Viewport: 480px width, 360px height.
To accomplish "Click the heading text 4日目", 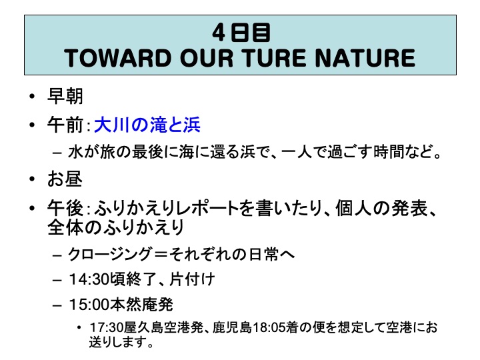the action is (x=241, y=33).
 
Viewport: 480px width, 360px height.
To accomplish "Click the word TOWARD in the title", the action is (x=117, y=58).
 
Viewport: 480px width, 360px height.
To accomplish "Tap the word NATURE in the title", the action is (x=365, y=58).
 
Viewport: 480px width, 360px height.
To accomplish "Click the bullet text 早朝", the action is (x=65, y=96).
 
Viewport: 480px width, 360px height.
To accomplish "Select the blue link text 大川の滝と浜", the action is (x=147, y=125).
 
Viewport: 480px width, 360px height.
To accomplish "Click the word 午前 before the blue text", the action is (x=65, y=125).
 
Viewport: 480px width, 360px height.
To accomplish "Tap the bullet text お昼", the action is (x=65, y=179).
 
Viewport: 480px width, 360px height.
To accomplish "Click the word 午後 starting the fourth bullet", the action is (x=65, y=208).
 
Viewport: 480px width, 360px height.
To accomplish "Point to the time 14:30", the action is (x=89, y=279).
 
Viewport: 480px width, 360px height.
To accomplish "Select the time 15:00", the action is (x=89, y=304).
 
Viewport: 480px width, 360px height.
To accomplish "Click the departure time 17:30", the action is (x=106, y=327).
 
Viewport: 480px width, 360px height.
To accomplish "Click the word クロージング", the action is (x=109, y=254).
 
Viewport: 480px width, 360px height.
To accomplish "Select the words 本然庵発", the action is (x=141, y=304).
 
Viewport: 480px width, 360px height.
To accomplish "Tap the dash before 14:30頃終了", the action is (x=57, y=280).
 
